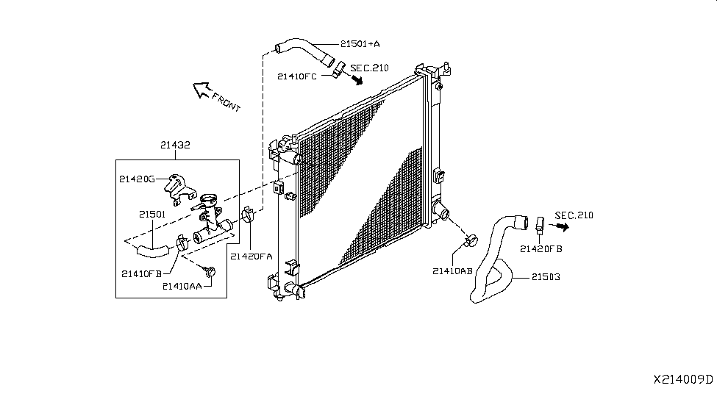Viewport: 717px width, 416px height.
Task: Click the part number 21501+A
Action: [360, 44]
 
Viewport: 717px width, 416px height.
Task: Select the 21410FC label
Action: [297, 76]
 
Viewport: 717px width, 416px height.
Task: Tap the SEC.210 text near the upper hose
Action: [369, 68]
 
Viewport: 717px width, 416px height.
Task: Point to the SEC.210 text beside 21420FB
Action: [574, 215]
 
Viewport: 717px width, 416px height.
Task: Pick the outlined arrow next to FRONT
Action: [201, 90]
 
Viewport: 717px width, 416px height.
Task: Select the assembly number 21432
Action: [175, 145]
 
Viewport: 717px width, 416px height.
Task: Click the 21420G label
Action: [138, 179]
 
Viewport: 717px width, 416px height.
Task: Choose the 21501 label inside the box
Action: [152, 215]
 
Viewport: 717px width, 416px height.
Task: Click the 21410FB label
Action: [142, 274]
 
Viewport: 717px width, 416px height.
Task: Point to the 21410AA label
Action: [182, 286]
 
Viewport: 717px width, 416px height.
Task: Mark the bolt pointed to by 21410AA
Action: [210, 271]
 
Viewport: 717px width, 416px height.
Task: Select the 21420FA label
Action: [252, 257]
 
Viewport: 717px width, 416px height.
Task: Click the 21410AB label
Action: [453, 271]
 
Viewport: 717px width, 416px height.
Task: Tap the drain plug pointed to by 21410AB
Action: [471, 240]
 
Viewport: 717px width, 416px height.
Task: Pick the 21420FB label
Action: [541, 249]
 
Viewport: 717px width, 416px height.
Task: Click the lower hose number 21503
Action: [546, 277]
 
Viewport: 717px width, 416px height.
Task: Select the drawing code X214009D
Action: [683, 379]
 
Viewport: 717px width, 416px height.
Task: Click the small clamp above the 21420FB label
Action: [540, 224]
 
